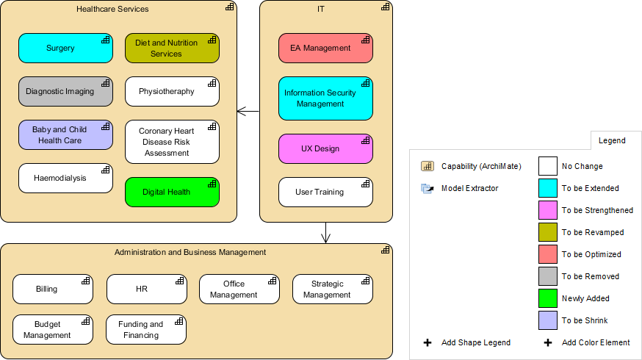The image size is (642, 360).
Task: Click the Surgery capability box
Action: (65, 48)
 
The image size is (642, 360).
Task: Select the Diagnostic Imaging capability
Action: (65, 91)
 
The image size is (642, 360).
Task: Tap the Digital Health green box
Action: (172, 192)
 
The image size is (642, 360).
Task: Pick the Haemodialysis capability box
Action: (65, 178)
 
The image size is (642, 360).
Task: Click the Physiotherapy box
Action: (172, 91)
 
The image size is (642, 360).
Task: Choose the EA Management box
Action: (325, 48)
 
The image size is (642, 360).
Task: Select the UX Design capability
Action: (325, 148)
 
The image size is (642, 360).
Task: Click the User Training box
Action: (325, 192)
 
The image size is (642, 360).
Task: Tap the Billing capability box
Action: (53, 289)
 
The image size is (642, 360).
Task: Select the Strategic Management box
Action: (333, 289)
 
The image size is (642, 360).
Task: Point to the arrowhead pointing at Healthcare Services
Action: (240, 112)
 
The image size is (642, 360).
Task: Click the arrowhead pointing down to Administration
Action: (326, 239)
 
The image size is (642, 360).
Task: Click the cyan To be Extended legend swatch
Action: (548, 188)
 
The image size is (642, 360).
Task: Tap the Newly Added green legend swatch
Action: (548, 298)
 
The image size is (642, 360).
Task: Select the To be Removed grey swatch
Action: (548, 276)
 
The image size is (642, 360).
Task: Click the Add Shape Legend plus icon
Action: (428, 342)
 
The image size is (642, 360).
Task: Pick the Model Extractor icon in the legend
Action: (428, 188)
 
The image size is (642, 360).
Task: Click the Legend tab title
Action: (612, 140)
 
